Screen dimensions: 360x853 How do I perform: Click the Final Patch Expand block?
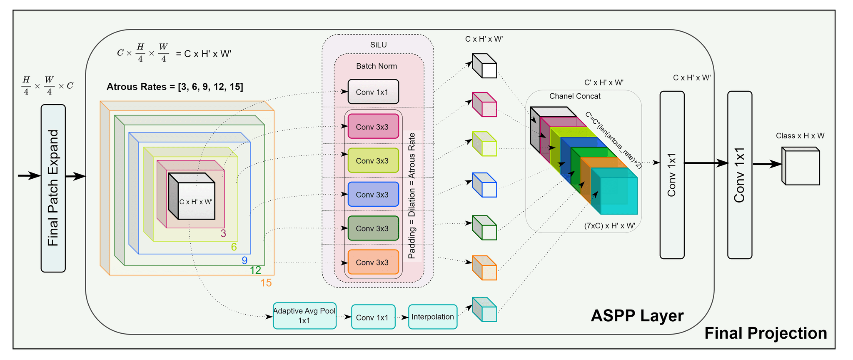click(53, 188)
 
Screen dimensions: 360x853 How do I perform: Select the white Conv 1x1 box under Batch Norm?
click(373, 92)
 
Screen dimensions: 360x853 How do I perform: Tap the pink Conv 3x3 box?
click(373, 127)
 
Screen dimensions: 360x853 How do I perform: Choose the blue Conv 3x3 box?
click(373, 195)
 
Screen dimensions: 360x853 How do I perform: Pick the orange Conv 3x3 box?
click(373, 262)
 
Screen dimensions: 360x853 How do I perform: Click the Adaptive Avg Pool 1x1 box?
click(304, 316)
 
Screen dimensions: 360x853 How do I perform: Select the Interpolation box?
click(433, 317)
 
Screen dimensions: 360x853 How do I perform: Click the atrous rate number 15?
click(266, 283)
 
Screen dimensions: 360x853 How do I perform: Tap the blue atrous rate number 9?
click(244, 260)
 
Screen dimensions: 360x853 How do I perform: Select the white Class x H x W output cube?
click(801, 166)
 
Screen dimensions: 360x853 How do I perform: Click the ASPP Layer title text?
click(637, 315)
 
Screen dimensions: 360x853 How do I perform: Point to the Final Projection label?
click(766, 333)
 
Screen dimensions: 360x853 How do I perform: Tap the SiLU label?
click(378, 45)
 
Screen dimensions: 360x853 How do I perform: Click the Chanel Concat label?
click(575, 96)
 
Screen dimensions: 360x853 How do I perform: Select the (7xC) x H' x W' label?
click(609, 226)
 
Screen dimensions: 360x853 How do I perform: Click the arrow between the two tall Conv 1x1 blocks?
click(706, 163)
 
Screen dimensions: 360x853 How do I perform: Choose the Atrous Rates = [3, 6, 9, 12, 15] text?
click(175, 87)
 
